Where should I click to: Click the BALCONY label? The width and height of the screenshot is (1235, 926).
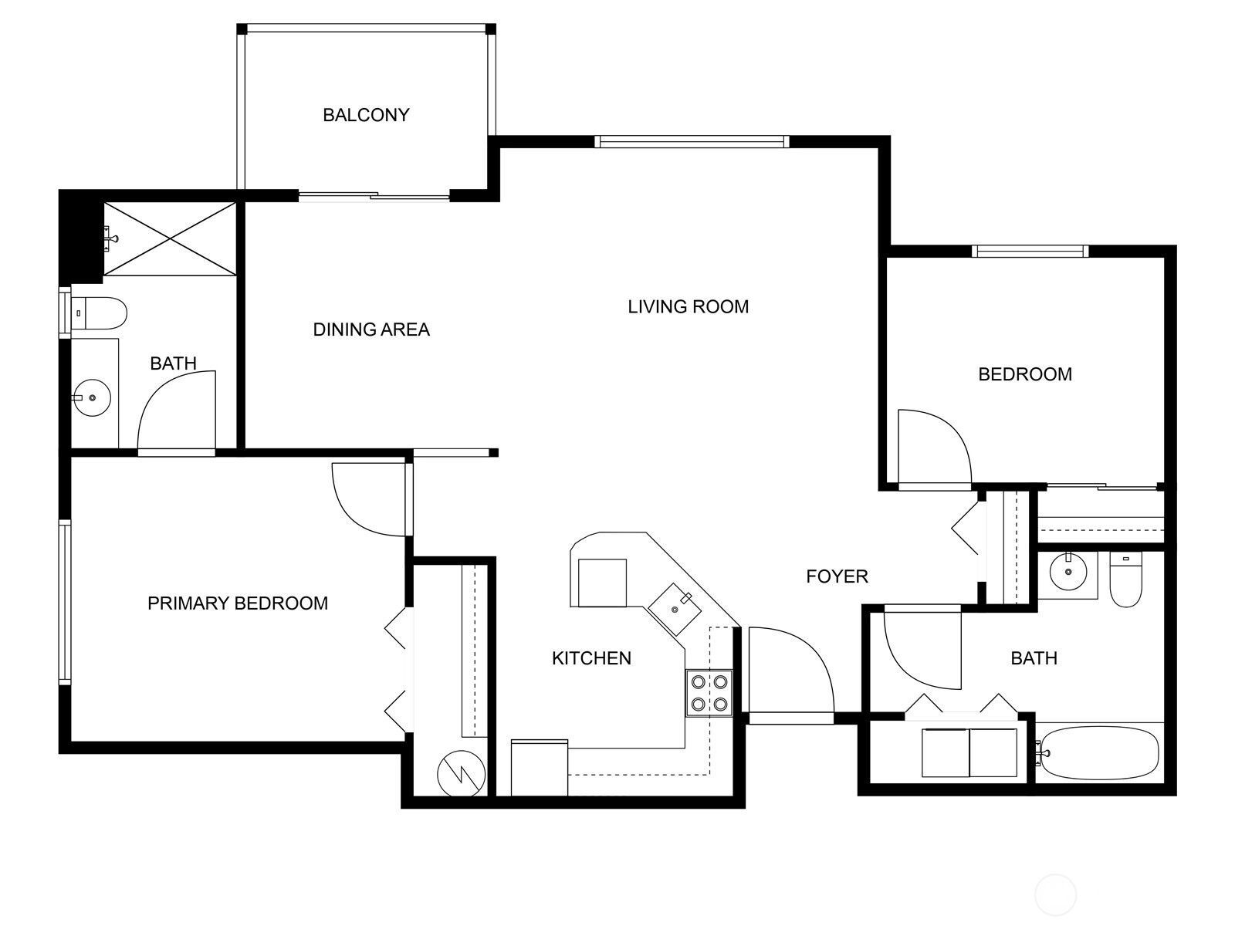[x=366, y=115]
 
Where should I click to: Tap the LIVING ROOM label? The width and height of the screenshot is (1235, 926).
[x=688, y=307]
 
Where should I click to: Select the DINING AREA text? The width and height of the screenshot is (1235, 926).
[x=371, y=330]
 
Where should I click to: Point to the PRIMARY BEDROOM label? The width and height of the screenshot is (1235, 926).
[x=238, y=603]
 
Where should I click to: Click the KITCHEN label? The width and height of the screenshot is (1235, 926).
[x=591, y=658]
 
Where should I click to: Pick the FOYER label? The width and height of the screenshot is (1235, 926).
[x=837, y=576]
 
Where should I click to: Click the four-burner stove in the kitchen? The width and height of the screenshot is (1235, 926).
[x=709, y=693]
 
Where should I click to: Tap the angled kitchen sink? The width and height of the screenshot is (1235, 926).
[x=675, y=610]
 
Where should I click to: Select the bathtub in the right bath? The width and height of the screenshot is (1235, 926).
[x=1099, y=753]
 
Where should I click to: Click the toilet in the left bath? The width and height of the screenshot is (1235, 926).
[x=100, y=313]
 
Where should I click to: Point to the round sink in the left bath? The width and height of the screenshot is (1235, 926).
[x=93, y=397]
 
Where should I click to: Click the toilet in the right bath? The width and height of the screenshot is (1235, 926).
[x=1126, y=580]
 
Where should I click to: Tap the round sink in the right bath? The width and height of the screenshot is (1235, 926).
[x=1068, y=573]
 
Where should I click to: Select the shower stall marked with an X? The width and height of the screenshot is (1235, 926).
[x=169, y=239]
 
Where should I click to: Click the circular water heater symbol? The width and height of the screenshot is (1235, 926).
[x=462, y=775]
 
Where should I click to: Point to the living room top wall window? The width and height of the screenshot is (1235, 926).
[x=692, y=142]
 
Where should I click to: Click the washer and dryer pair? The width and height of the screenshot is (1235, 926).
[x=969, y=753]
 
